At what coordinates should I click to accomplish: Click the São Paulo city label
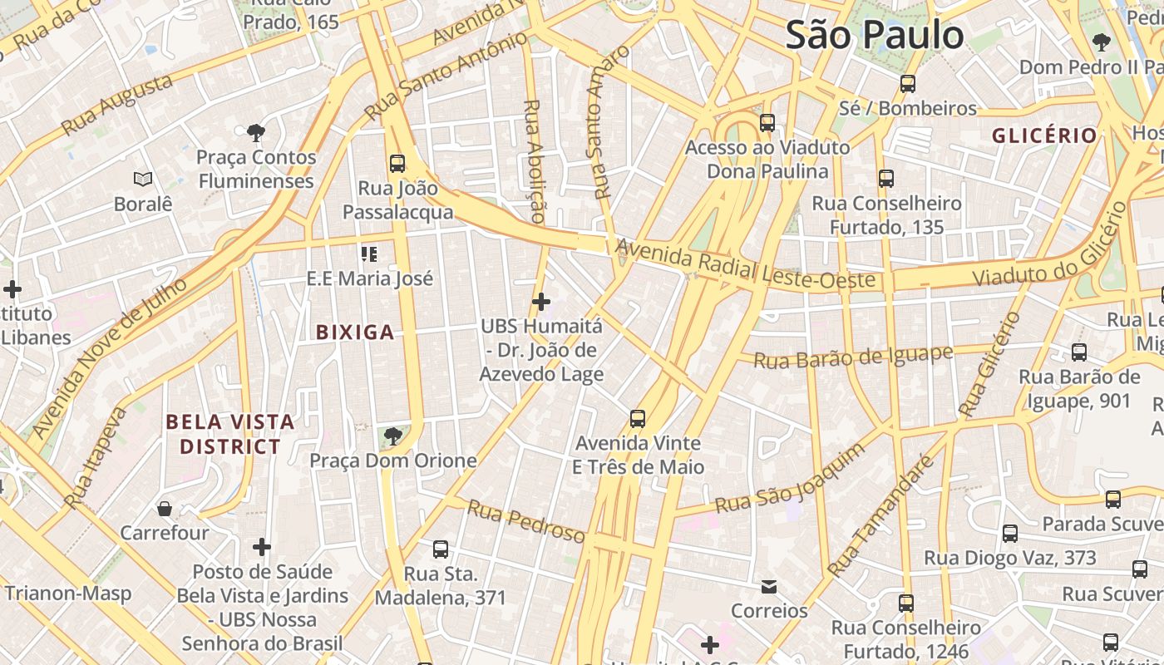[x=875, y=35]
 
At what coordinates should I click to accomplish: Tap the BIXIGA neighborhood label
[x=355, y=332]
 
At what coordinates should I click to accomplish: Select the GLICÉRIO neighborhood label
[x=1044, y=135]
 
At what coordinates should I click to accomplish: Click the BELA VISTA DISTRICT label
[x=230, y=434]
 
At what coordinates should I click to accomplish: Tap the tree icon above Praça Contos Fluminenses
[x=256, y=132]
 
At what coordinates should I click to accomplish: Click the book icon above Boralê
[x=143, y=179]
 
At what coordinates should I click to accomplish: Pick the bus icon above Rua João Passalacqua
[x=397, y=163]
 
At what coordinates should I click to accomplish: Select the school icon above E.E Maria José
[x=369, y=254]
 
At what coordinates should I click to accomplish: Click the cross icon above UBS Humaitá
[x=541, y=302]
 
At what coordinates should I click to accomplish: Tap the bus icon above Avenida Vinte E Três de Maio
[x=638, y=418]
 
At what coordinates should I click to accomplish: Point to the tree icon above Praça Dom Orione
[x=392, y=436]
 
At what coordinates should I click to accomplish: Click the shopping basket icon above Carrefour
[x=165, y=508]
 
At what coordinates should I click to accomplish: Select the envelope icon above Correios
[x=769, y=587]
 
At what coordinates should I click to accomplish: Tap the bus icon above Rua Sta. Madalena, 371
[x=441, y=549]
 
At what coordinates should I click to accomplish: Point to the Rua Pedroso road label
[x=525, y=522]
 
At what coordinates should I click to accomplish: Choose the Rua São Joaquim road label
[x=790, y=480]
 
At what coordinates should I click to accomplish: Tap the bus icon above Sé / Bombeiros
[x=908, y=84]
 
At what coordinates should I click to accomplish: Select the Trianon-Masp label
[x=68, y=594]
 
